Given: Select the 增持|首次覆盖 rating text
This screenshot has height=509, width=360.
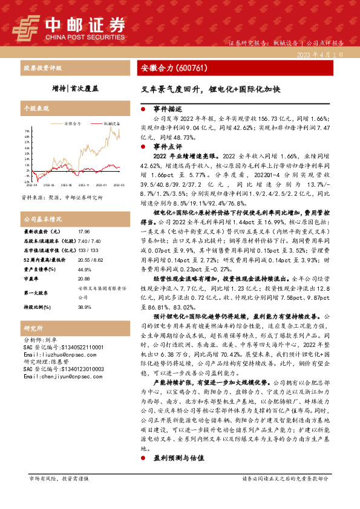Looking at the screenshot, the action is pyautogui.click(x=75, y=88).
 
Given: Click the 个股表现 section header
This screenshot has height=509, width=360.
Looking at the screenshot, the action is pyautogui.click(x=34, y=109).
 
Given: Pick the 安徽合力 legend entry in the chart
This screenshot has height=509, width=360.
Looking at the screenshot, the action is pyautogui.click(x=72, y=123).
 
